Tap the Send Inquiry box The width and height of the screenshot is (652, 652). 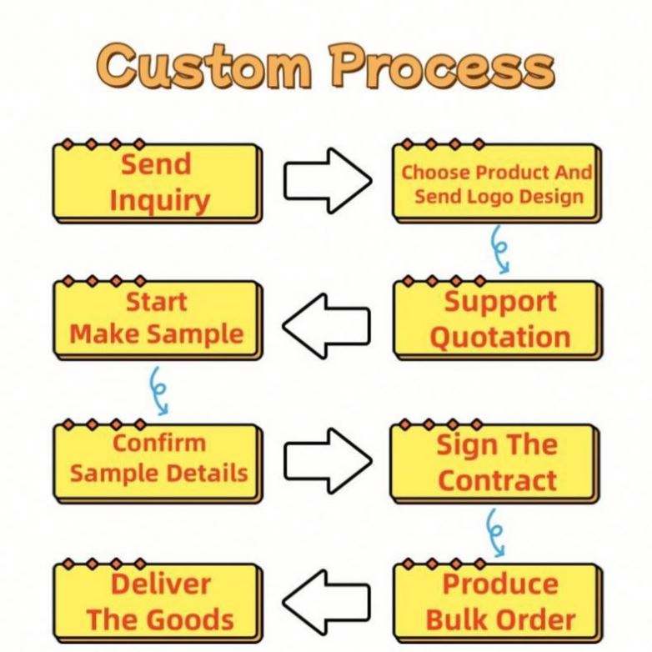tap(158, 183)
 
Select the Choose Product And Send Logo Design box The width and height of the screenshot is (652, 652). tap(495, 184)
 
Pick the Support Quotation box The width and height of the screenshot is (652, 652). tap(497, 319)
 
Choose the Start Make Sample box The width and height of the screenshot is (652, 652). tap(158, 318)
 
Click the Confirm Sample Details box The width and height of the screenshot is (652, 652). tap(158, 459)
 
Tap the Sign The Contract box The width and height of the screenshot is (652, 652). tap(496, 461)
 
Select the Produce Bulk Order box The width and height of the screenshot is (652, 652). tap(498, 601)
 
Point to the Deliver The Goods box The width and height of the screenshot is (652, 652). tap(158, 601)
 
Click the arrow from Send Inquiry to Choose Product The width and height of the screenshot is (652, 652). tap(327, 179)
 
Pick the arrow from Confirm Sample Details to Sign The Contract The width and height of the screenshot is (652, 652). tap(327, 459)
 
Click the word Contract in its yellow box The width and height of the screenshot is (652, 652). tap(497, 479)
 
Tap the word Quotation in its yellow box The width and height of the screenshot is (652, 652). tap(500, 337)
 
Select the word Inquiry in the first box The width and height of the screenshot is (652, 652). tap(159, 200)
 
